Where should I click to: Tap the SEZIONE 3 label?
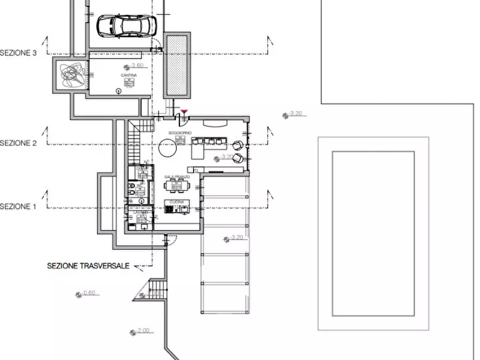(19, 53)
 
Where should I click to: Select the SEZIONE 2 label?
(19, 143)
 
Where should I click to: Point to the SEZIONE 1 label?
(19, 206)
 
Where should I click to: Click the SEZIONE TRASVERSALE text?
(88, 265)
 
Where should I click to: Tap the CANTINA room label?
(129, 75)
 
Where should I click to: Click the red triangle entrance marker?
(184, 112)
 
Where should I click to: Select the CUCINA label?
(177, 202)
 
